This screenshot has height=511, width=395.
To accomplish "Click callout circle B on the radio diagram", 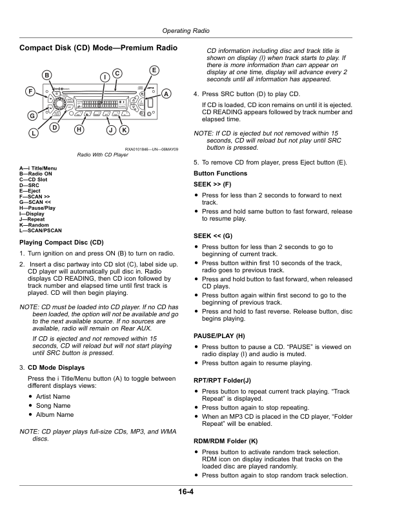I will (47, 75).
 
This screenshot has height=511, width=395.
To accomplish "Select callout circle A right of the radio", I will (166, 94).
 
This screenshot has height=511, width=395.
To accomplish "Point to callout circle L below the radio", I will (33, 134).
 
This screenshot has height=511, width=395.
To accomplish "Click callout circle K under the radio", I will (123, 130).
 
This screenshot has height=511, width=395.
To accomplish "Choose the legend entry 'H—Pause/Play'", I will (38, 208).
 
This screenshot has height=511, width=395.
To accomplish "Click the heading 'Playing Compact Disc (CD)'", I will (62, 242).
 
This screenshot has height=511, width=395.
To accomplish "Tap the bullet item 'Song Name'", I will (54, 405).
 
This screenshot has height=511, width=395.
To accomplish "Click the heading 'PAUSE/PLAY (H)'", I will (219, 336).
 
